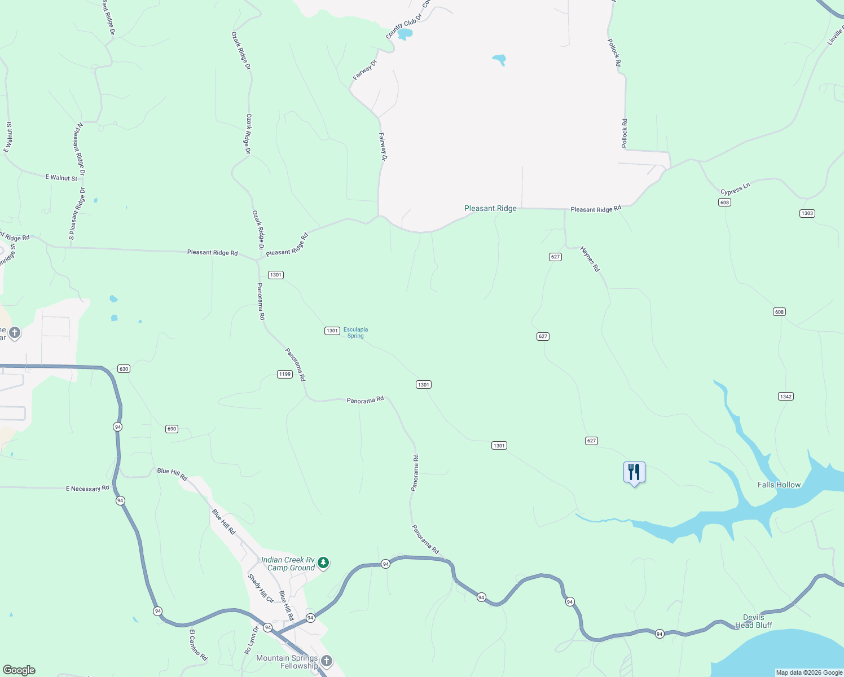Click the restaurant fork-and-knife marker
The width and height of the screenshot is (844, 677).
(x=634, y=472)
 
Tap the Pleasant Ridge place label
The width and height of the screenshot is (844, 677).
(x=490, y=209)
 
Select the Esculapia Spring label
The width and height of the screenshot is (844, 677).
(x=355, y=333)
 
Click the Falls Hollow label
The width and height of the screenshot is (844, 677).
(x=779, y=485)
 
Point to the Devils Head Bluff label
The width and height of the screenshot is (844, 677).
(x=754, y=621)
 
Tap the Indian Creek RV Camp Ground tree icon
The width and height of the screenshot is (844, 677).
(x=323, y=562)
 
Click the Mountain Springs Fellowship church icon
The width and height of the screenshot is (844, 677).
(x=326, y=661)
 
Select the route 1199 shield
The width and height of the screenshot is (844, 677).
(x=284, y=374)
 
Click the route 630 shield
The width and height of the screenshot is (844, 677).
(x=124, y=369)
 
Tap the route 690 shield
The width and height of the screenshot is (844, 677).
(x=172, y=429)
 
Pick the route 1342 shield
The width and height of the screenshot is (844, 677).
(x=786, y=397)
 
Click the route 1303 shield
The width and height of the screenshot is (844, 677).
(x=807, y=213)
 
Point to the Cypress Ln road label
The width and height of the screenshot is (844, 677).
(x=735, y=189)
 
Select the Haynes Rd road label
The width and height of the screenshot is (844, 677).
(x=590, y=259)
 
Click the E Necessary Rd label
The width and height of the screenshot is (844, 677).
(x=87, y=489)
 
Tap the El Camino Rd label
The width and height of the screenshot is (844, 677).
(x=198, y=645)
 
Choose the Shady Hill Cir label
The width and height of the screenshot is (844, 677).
(x=261, y=588)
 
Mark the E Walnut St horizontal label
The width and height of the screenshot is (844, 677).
(x=61, y=178)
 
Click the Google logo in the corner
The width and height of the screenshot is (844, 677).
(x=19, y=670)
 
